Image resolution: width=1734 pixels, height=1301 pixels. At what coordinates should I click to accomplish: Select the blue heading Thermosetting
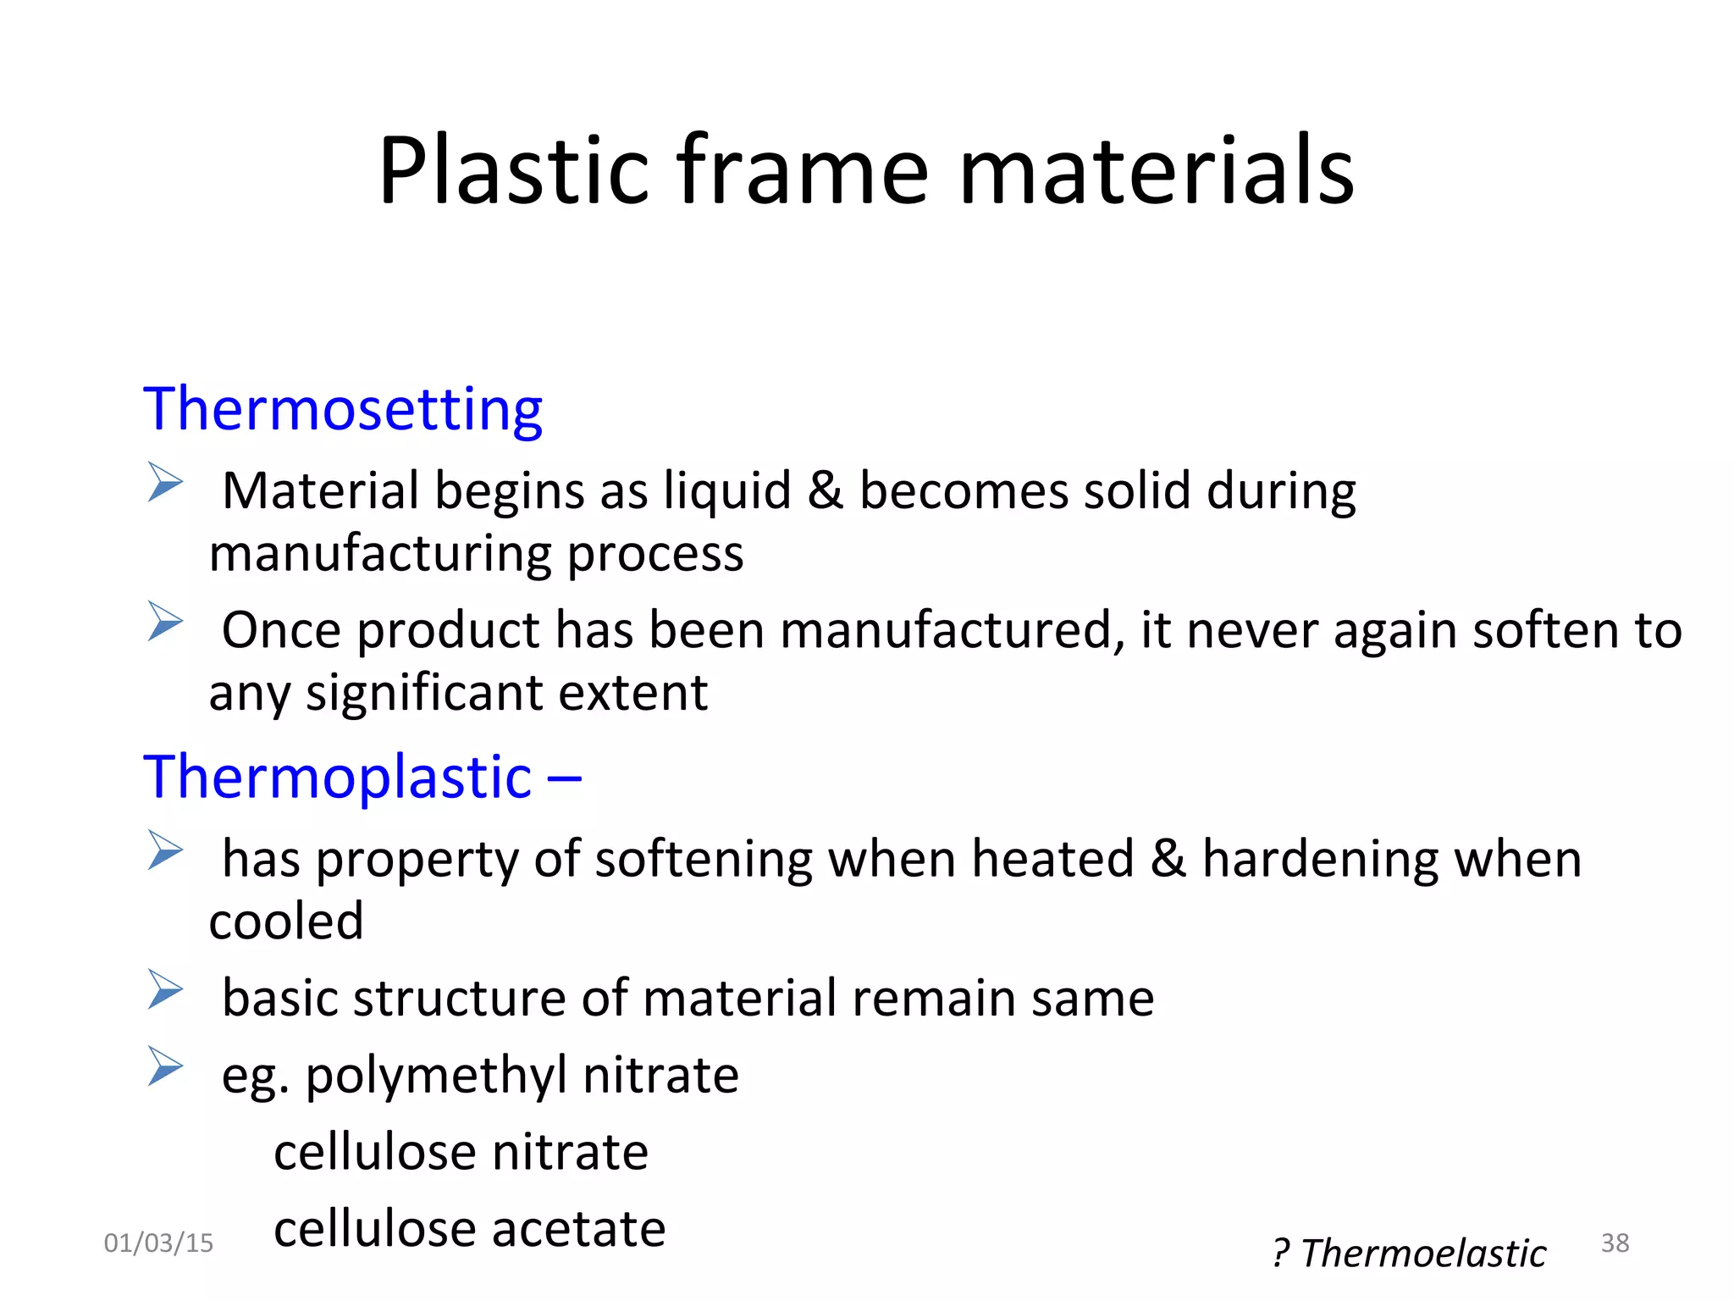tap(343, 410)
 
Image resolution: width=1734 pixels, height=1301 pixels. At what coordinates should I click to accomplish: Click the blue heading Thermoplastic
tap(337, 777)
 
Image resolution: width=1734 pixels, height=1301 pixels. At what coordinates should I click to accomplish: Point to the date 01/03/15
tap(158, 1243)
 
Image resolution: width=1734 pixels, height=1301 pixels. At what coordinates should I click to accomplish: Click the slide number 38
tap(1615, 1243)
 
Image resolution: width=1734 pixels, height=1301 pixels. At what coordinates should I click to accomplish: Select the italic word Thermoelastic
tap(1423, 1253)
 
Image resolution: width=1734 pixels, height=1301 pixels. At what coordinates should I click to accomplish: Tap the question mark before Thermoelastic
tap(1281, 1254)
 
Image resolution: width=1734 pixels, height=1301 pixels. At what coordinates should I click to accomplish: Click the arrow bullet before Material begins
tap(165, 482)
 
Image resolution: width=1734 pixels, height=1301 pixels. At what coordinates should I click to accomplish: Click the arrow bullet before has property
tap(165, 850)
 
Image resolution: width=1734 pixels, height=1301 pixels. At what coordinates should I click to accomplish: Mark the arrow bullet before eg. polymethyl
tap(165, 1066)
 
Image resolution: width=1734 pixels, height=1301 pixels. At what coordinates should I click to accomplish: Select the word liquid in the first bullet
tap(727, 490)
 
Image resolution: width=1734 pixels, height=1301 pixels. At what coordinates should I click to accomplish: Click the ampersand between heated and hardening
tap(1168, 858)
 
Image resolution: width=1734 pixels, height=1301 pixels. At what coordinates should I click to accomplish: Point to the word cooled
tap(286, 922)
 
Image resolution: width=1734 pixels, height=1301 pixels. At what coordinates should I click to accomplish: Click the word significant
tap(425, 693)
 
